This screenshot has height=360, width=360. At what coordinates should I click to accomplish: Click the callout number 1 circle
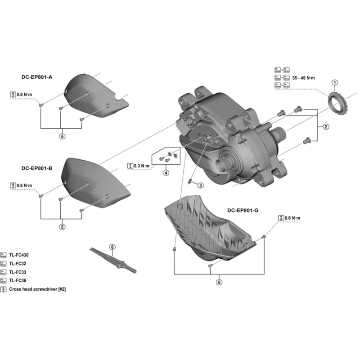(334, 82)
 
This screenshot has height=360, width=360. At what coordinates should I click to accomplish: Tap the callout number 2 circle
(326, 127)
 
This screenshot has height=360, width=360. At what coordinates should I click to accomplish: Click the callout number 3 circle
(201, 185)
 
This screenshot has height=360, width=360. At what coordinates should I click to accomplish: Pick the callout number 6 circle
(112, 247)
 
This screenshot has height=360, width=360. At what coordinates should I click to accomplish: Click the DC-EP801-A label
(37, 77)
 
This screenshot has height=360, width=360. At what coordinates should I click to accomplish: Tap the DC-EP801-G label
(243, 210)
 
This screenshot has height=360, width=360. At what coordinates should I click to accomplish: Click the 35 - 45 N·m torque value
(304, 78)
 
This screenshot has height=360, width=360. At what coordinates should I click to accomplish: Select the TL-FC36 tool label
(18, 281)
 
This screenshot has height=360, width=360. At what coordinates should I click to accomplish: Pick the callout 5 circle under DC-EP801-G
(219, 283)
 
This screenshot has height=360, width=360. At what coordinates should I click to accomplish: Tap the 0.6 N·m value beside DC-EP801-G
(292, 218)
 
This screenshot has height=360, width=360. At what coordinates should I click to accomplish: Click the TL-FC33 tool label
(18, 272)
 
